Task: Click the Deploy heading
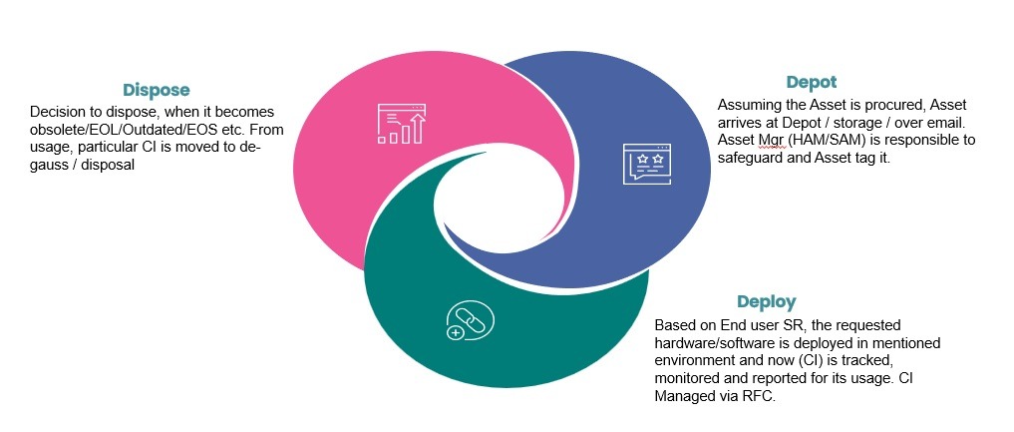pyautogui.click(x=766, y=301)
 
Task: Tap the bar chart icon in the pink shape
pyautogui.click(x=401, y=123)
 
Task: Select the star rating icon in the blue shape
pyautogui.click(x=648, y=164)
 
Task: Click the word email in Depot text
pyautogui.click(x=947, y=122)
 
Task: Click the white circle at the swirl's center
pyautogui.click(x=506, y=216)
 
